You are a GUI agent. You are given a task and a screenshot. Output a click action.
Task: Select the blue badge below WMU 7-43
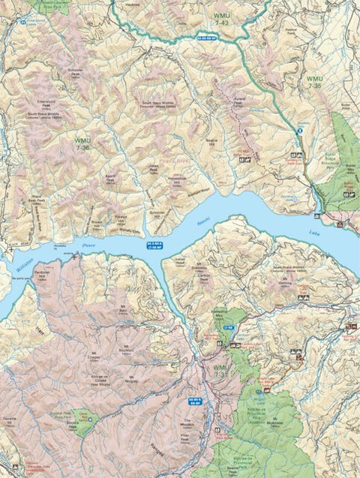pyautogui.click(x=208, y=36)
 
